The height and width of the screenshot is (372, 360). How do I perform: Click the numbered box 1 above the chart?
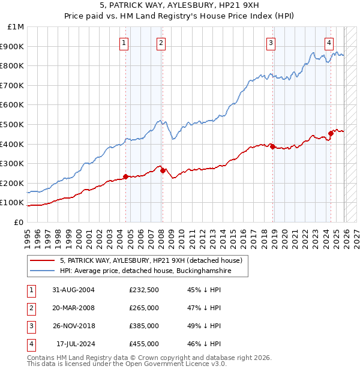click(x=124, y=42)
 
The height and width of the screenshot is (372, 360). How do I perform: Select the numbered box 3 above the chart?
click(x=271, y=42)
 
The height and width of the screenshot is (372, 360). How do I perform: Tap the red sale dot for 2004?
click(x=125, y=176)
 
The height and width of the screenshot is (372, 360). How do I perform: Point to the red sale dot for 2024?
click(x=331, y=133)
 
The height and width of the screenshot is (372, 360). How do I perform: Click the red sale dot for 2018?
click(x=273, y=146)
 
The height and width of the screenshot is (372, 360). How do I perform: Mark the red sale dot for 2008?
click(x=163, y=170)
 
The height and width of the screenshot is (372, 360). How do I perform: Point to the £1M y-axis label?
click(x=16, y=27)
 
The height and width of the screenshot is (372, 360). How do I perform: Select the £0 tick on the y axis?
click(x=19, y=222)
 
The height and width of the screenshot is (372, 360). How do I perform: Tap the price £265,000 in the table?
click(x=144, y=308)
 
